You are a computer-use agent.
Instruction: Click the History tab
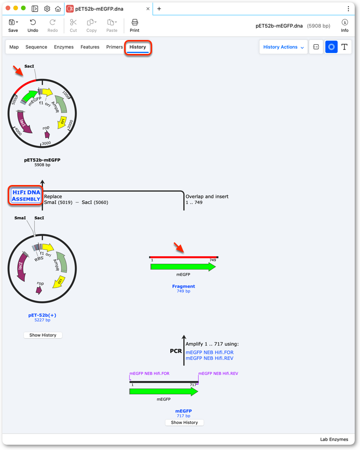[138, 47]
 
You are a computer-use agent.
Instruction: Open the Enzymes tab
[64, 47]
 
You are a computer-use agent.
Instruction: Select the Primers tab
[115, 47]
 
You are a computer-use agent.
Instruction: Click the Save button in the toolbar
[13, 26]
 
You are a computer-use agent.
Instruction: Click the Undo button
[33, 26]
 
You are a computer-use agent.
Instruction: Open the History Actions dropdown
[283, 47]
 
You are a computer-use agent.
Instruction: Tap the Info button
[345, 26]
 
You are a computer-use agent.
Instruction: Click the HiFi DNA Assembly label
[26, 196]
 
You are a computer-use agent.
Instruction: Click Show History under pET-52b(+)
[43, 335]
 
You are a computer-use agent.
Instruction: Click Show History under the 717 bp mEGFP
[184, 423]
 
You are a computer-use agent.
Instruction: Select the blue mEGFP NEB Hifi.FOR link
[209, 352]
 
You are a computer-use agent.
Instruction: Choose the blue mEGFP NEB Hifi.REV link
[209, 358]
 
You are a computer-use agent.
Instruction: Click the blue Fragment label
[183, 286]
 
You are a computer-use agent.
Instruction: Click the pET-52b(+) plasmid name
[42, 315]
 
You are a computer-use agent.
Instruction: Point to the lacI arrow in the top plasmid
[24, 122]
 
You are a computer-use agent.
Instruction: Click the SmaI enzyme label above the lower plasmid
[20, 218]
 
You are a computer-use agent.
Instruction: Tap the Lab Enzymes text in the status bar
[334, 439]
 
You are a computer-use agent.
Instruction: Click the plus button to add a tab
[159, 9]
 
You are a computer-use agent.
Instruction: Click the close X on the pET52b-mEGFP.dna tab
[148, 9]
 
